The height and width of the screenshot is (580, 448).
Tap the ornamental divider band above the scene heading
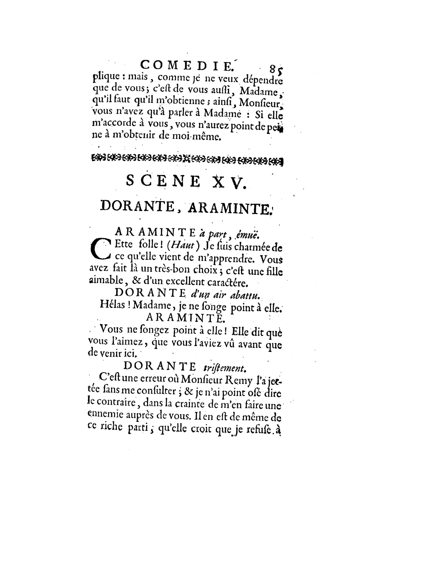coord(187,160)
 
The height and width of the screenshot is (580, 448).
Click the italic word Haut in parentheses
coord(183,245)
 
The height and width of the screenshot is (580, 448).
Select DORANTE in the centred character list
coord(137,206)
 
